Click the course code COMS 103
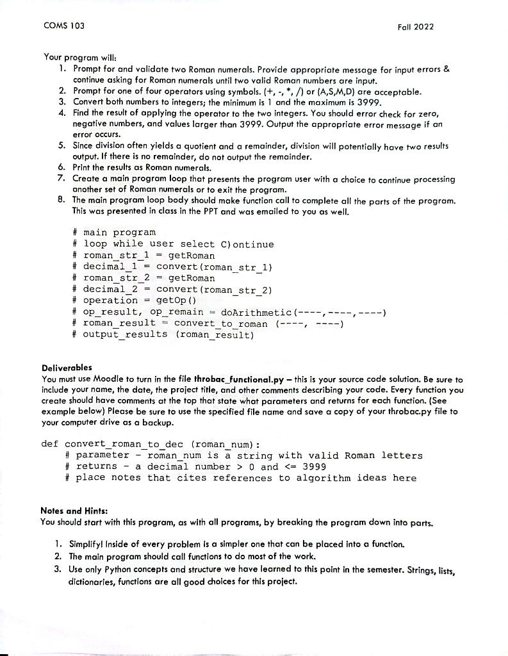(64, 26)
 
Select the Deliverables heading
(67, 368)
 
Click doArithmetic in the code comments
(256, 312)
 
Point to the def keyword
(49, 443)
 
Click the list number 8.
(60, 201)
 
